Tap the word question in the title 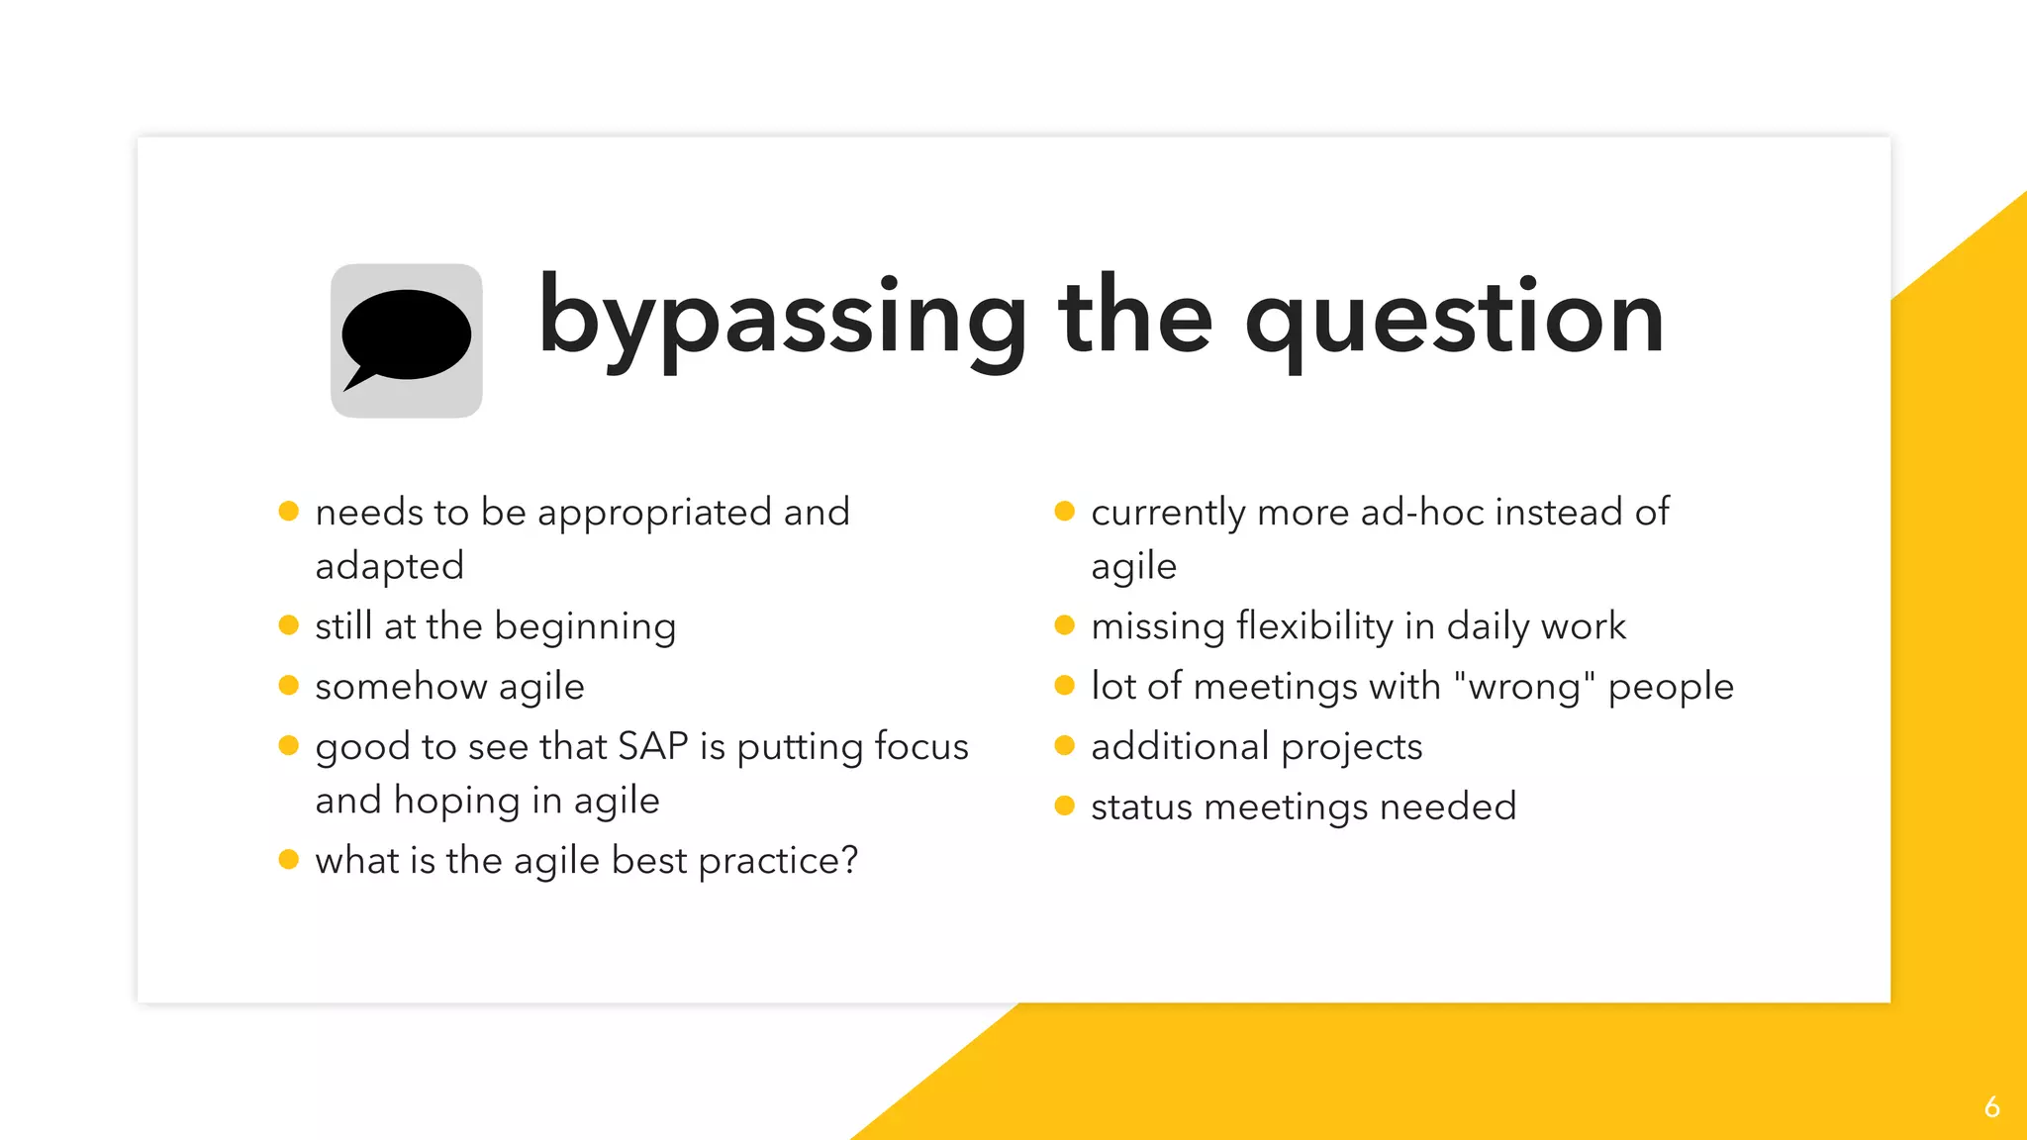click(1454, 319)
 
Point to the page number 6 click(1991, 1106)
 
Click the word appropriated click(654, 513)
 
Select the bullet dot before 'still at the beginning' click(289, 625)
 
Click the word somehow click(401, 686)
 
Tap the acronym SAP click(652, 746)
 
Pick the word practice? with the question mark click(778, 861)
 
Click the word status click(1141, 807)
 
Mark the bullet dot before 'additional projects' click(1065, 746)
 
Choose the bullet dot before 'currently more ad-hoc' click(1065, 512)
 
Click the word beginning click(585, 627)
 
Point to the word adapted click(389, 566)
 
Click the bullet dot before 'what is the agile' click(289, 859)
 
